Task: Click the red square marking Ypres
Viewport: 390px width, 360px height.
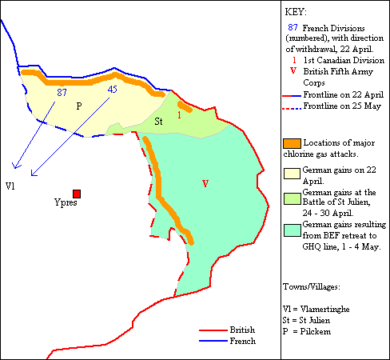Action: pyautogui.click(x=77, y=194)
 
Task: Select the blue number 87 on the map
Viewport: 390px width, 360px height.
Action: pyautogui.click(x=62, y=92)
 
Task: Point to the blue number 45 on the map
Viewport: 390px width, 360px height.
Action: pyautogui.click(x=112, y=89)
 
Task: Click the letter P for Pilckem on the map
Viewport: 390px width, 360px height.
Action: pyautogui.click(x=78, y=106)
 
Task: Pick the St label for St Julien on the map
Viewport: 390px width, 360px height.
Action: pyautogui.click(x=159, y=121)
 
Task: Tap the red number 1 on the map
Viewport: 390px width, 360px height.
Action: pyautogui.click(x=180, y=114)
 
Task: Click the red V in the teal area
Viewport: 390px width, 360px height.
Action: pyautogui.click(x=205, y=184)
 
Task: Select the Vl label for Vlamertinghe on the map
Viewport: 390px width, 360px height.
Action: pyautogui.click(x=10, y=186)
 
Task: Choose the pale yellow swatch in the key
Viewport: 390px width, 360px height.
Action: pyautogui.click(x=292, y=171)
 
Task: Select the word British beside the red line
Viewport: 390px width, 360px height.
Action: pyautogui.click(x=243, y=330)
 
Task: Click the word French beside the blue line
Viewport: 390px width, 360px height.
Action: pyautogui.click(x=242, y=341)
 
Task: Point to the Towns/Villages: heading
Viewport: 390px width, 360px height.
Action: pyautogui.click(x=314, y=286)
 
